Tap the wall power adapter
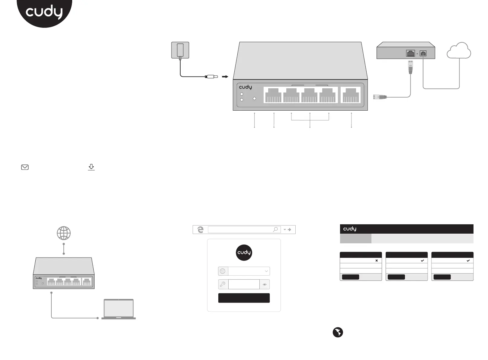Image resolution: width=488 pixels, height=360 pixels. [180, 50]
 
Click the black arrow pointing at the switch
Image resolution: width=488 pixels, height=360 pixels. [225, 77]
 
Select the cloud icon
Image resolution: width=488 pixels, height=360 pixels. [459, 51]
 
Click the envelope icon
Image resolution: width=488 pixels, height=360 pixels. [25, 167]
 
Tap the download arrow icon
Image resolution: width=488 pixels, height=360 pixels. [91, 167]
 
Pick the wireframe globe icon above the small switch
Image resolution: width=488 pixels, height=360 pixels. [64, 233]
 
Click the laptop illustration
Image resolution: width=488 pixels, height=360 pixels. [119, 309]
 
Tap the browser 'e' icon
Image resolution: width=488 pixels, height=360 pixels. [200, 230]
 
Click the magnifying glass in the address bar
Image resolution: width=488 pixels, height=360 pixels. [275, 230]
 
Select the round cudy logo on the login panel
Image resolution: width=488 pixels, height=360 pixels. [244, 252]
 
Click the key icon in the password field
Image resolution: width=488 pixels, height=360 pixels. [223, 284]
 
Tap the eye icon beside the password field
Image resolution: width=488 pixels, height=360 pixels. [265, 284]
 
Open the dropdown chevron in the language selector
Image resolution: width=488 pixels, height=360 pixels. [266, 271]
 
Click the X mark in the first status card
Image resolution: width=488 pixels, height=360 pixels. [377, 261]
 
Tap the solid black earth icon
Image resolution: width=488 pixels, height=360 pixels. [338, 332]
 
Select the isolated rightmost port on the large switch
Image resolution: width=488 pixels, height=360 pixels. [351, 95]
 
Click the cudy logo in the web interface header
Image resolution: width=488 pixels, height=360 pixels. [350, 229]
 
